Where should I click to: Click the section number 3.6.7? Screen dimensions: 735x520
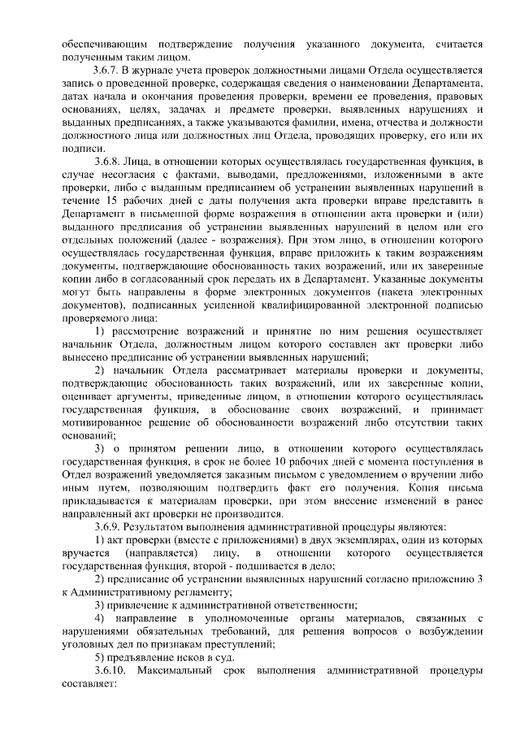click(x=107, y=71)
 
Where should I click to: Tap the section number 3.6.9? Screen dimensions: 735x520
click(x=107, y=526)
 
